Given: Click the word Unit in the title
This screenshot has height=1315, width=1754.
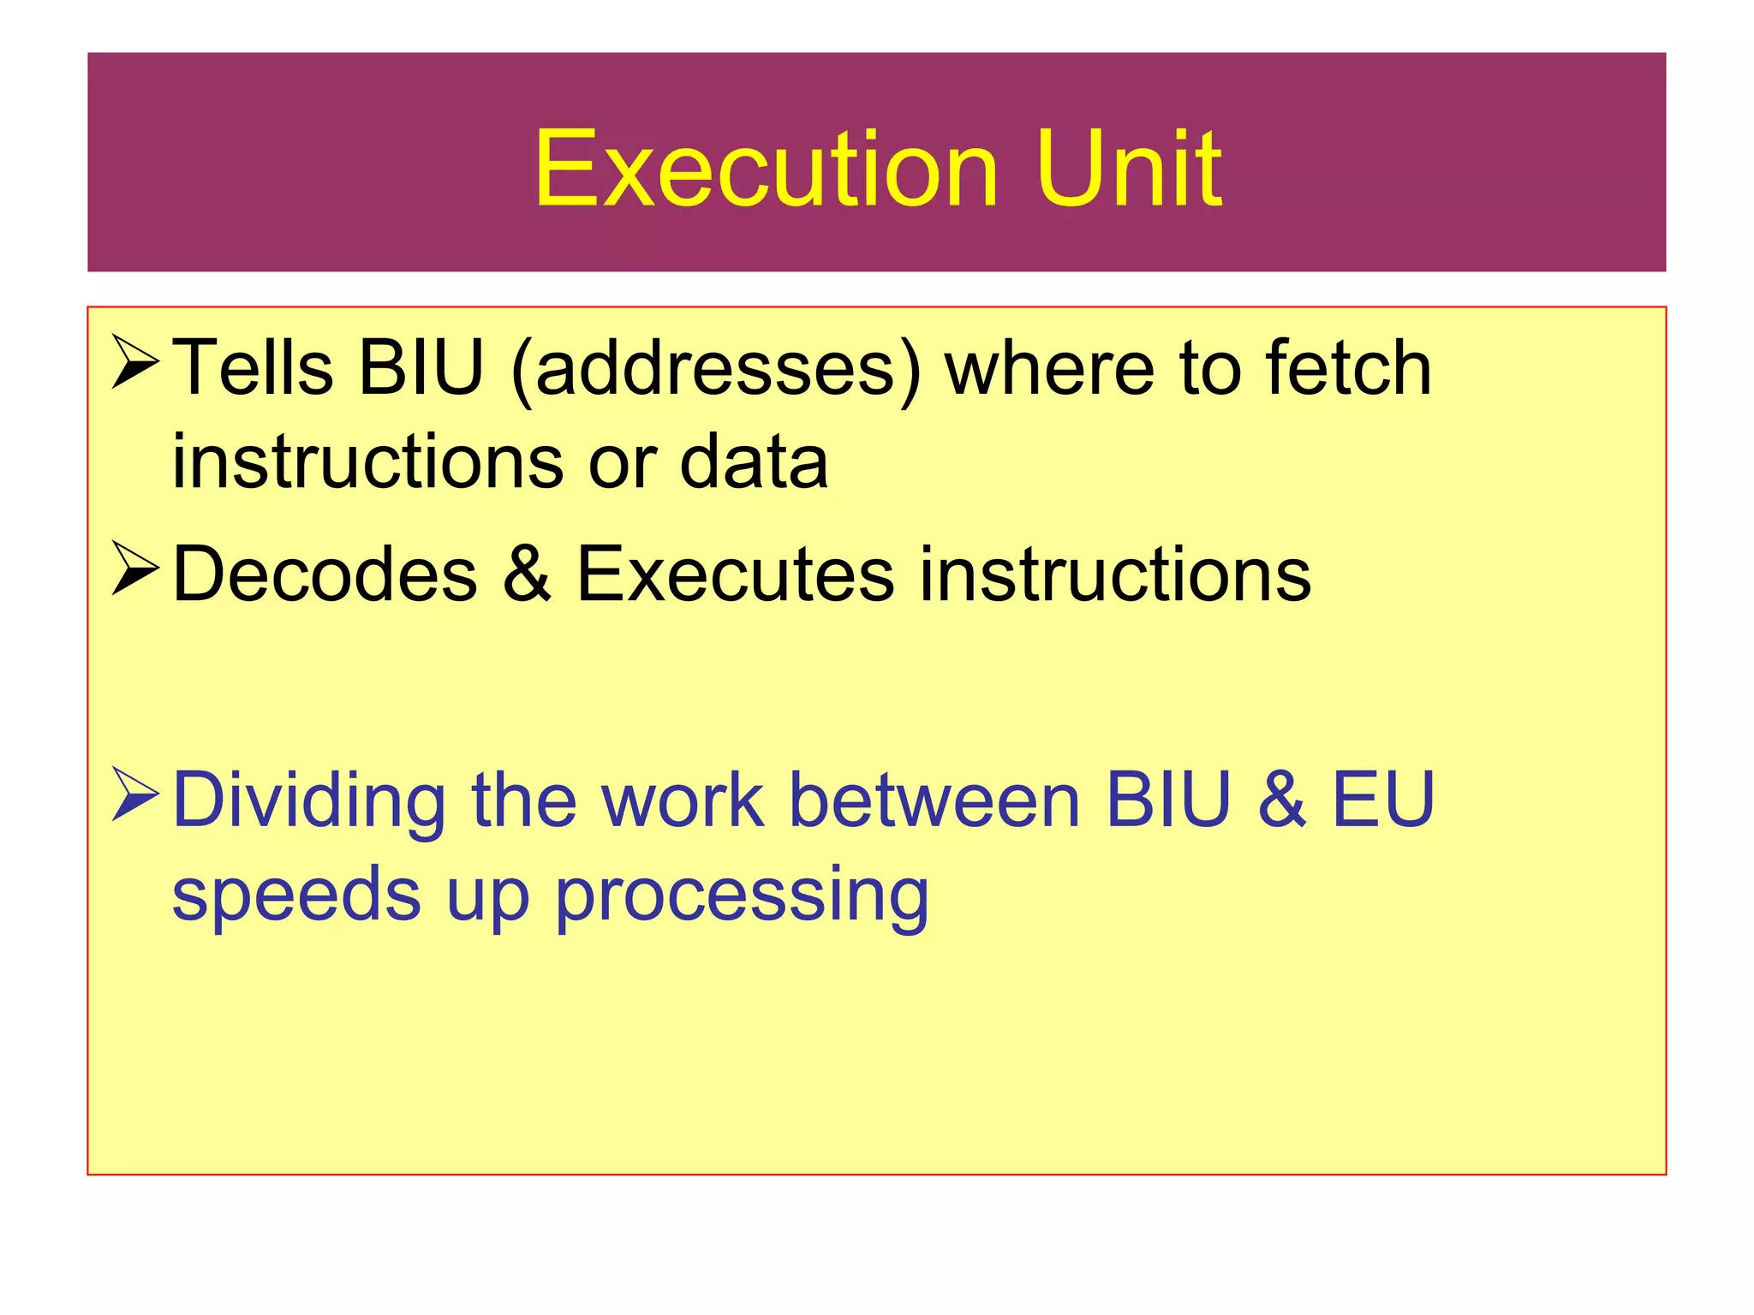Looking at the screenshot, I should pyautogui.click(x=1128, y=169).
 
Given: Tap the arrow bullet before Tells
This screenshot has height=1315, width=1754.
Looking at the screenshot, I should pyautogui.click(x=135, y=363).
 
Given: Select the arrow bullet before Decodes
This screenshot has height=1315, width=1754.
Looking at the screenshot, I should pyautogui.click(x=135, y=570).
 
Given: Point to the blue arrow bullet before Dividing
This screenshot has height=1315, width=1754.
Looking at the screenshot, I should pyautogui.click(x=135, y=796).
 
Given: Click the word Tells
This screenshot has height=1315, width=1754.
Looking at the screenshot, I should pyautogui.click(x=254, y=368).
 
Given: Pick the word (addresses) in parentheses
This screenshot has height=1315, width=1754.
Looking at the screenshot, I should pyautogui.click(x=716, y=370).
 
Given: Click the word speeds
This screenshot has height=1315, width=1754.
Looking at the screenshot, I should pyautogui.click(x=296, y=896).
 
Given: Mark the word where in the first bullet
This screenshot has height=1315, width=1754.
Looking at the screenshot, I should pyautogui.click(x=1049, y=368).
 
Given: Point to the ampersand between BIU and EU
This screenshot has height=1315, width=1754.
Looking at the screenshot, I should pyautogui.click(x=1281, y=801).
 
